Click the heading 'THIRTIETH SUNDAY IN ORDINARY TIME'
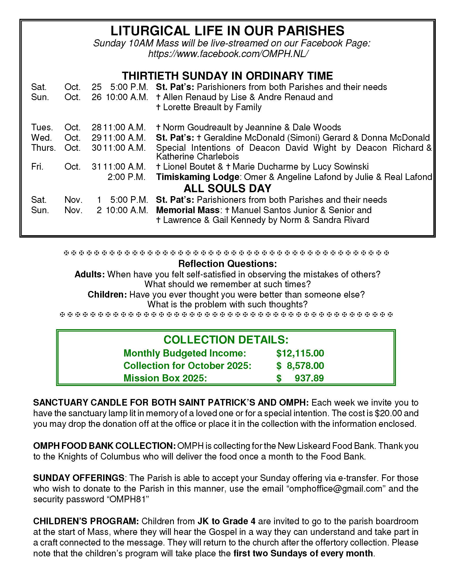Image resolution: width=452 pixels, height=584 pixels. click(x=227, y=76)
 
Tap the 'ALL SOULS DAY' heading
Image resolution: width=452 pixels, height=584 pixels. click(x=227, y=188)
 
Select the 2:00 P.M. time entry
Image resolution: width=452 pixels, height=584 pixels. click(x=126, y=177)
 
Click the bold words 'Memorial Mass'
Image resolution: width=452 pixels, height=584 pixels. click(x=188, y=210)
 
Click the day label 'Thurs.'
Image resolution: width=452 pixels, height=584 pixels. click(x=43, y=148)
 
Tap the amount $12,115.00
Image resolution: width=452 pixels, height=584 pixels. click(x=300, y=353)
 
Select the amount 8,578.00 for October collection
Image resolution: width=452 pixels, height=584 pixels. click(x=305, y=366)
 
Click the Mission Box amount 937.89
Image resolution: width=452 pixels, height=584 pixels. click(x=309, y=378)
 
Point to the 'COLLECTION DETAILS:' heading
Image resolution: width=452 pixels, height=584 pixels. click(x=226, y=340)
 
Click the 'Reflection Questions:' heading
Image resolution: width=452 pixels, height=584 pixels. click(x=227, y=264)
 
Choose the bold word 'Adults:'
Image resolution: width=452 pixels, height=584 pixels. click(x=90, y=274)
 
